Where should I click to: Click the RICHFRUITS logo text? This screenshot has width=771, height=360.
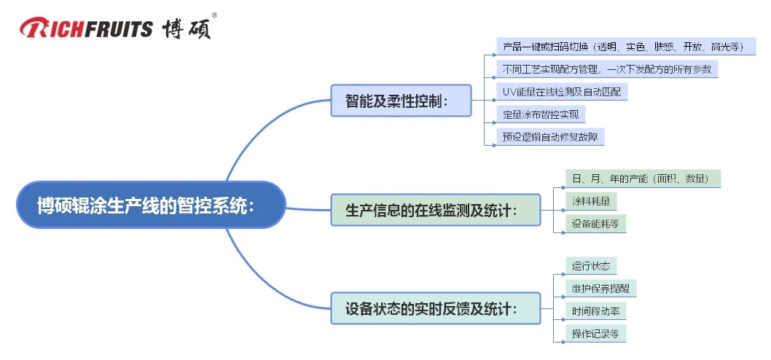coord(86,28)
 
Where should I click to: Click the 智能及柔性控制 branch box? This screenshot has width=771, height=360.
coord(401,101)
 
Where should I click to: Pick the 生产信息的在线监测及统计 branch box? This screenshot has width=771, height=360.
coord(436,211)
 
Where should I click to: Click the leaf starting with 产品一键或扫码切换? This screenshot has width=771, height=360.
coord(625,47)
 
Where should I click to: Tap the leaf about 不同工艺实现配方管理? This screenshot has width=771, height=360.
coord(607,69)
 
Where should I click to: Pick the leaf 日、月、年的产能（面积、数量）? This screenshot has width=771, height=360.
coord(643,178)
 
